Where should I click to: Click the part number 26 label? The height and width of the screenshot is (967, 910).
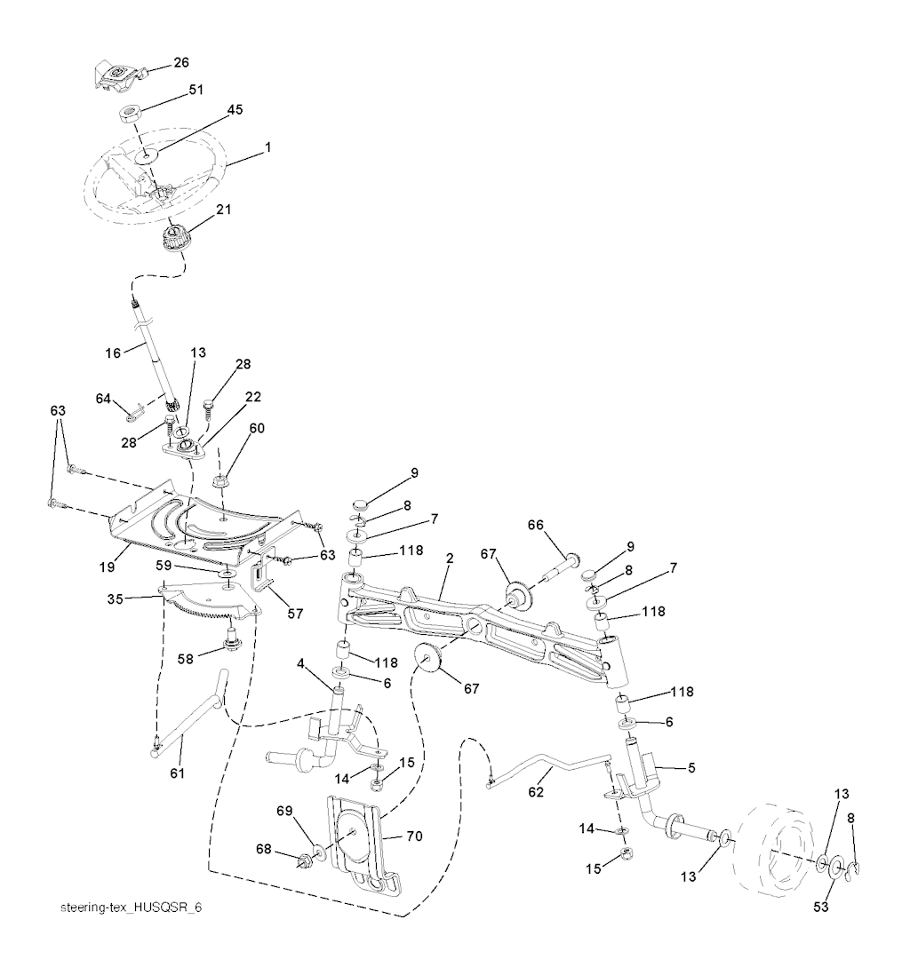(x=181, y=63)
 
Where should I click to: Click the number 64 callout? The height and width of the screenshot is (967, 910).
(x=104, y=400)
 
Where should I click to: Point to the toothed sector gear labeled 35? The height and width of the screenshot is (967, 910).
(x=209, y=604)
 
